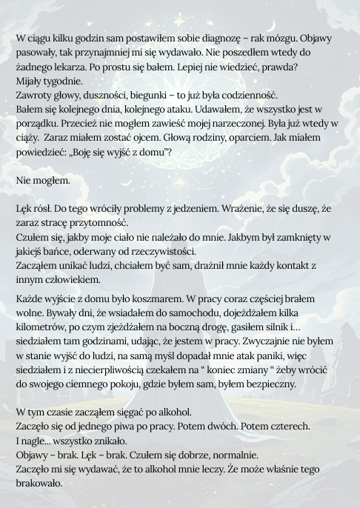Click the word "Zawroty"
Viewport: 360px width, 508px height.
click(x=35, y=95)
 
